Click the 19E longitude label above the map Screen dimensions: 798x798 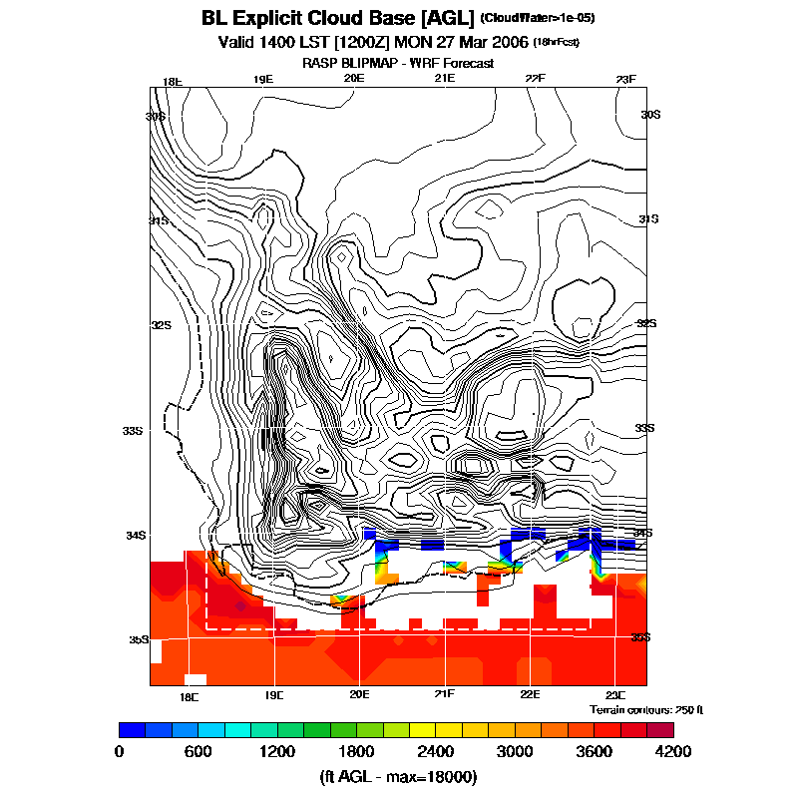262,80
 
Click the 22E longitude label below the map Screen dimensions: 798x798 530,694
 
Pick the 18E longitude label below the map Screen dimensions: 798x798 189,694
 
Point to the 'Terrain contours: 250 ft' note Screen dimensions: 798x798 646,709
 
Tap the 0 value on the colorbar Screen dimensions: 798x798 119,751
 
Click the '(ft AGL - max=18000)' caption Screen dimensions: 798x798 397,776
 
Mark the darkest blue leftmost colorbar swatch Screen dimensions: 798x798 132,729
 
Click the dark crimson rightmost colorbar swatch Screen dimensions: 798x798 660,729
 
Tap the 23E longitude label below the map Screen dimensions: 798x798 614,694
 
